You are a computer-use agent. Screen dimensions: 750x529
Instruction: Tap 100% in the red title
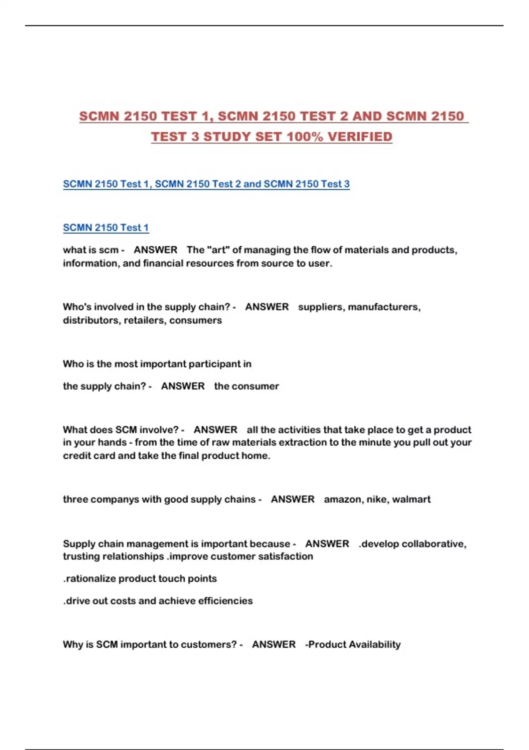point(305,137)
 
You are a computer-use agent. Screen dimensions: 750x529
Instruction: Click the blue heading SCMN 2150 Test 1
point(106,228)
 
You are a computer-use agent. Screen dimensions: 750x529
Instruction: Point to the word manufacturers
point(384,307)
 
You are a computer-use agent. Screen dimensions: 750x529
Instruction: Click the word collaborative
point(434,544)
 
